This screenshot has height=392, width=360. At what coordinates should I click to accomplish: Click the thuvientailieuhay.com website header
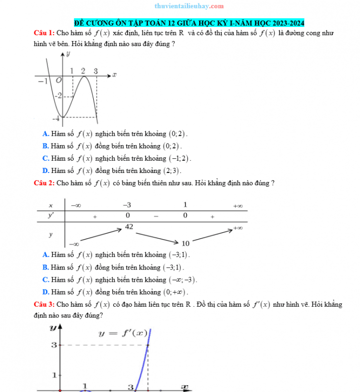pyautogui.click(x=182, y=6)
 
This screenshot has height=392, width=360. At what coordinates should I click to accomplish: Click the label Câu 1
pyautogui.click(x=44, y=33)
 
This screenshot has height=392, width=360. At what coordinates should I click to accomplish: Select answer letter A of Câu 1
pyautogui.click(x=46, y=133)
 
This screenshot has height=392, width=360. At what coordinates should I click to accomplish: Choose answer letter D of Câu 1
pyautogui.click(x=46, y=171)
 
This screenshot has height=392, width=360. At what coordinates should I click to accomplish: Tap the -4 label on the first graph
pyautogui.click(x=57, y=118)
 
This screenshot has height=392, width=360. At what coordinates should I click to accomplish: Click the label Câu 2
pyautogui.click(x=44, y=183)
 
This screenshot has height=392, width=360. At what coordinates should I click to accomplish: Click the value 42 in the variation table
pyautogui.click(x=129, y=226)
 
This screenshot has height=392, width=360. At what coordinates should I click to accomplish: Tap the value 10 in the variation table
pyautogui.click(x=185, y=244)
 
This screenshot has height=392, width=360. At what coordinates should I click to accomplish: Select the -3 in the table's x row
pyautogui.click(x=127, y=205)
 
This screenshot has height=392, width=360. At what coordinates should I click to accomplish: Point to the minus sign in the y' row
pyautogui.click(x=156, y=216)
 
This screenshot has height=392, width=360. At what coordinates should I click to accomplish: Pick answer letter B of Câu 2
pyautogui.click(x=46, y=267)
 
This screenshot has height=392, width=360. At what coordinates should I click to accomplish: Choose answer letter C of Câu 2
pyautogui.click(x=46, y=280)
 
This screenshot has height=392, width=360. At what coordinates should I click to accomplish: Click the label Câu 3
pyautogui.click(x=44, y=304)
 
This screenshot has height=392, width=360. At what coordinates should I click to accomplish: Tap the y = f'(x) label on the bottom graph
pyautogui.click(x=123, y=333)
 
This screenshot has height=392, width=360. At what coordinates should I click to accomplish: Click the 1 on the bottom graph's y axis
pyautogui.click(x=55, y=375)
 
